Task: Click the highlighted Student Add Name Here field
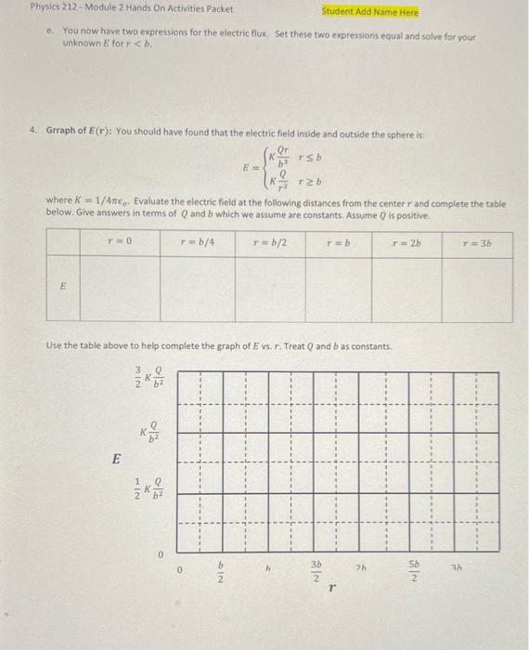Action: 370,12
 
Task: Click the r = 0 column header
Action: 120,243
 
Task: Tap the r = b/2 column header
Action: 269,243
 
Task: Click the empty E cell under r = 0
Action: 120,289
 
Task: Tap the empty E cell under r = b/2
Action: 270,289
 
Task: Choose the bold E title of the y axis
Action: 116,458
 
